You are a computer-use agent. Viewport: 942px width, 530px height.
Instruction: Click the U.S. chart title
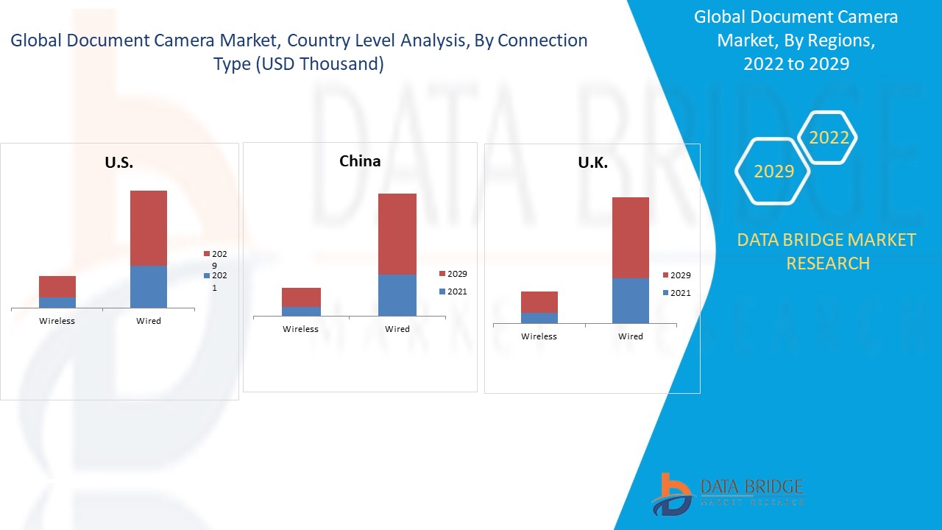coord(118,163)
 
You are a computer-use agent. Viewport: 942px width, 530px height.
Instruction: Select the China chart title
coord(360,160)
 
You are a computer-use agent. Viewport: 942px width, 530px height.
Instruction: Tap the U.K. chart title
coord(592,163)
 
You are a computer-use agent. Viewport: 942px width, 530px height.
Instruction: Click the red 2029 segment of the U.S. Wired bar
coord(149,227)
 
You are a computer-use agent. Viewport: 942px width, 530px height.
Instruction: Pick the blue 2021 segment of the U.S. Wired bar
coord(149,286)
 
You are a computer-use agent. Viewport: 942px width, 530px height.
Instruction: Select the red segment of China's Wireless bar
coord(300,297)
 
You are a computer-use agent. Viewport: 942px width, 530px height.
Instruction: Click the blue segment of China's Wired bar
coord(397,295)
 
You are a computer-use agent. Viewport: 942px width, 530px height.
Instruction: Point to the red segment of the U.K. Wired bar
coord(631,237)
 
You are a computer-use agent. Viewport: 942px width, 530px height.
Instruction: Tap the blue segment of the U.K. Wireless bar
coord(539,318)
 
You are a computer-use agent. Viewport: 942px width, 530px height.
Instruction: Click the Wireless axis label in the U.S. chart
coord(57,321)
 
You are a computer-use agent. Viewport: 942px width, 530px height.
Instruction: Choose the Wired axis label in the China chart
coord(397,329)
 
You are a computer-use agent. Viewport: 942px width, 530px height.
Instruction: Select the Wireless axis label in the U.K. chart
coord(539,336)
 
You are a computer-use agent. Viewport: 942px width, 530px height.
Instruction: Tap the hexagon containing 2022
coord(829,138)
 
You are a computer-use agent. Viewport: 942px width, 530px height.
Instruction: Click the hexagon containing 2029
coord(773,172)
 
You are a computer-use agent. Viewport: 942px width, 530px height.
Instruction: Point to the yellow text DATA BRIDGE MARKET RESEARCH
coord(827,251)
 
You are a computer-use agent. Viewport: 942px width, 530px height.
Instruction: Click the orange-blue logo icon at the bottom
coord(670,493)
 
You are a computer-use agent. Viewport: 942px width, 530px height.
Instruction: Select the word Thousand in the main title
coord(328,64)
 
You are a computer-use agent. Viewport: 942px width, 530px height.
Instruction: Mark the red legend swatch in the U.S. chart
coord(207,254)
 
